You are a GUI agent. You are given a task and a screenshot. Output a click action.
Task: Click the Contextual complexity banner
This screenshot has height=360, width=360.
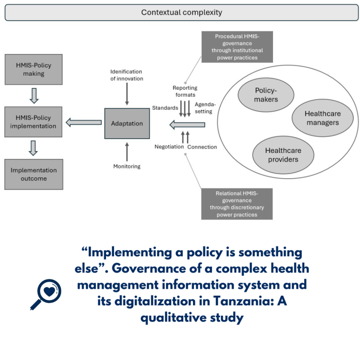181,12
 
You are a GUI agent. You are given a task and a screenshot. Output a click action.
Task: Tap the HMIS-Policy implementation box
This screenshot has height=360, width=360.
34,122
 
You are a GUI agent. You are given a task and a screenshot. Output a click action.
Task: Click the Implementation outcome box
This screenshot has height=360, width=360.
34,174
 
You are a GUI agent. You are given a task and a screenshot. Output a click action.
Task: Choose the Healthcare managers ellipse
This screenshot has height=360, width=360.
322,118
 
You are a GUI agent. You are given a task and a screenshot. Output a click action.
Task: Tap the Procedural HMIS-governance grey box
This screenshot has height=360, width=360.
237,47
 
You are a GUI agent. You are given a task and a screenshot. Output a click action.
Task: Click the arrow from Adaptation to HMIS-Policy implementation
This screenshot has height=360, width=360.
84,123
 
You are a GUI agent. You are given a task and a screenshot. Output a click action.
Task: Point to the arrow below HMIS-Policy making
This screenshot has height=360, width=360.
34,96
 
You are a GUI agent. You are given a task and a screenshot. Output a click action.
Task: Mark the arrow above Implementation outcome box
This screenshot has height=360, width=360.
34,148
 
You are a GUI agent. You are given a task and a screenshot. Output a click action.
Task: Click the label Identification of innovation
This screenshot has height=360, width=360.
126,75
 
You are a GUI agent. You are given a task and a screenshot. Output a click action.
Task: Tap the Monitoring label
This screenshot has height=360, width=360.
126,166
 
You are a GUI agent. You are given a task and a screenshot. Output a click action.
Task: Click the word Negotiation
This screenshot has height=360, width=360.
169,147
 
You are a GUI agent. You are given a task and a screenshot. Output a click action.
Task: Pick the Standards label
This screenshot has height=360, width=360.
165,108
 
